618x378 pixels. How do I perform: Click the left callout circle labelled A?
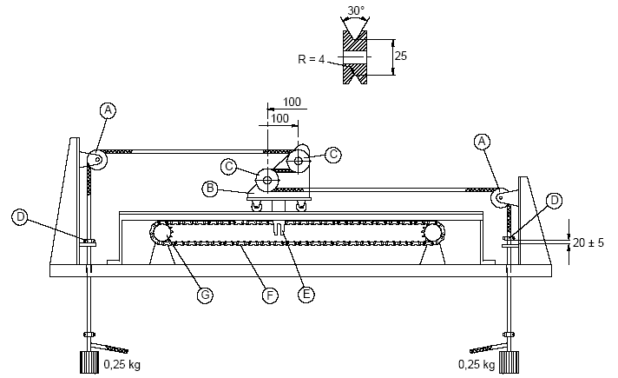(x=108, y=110)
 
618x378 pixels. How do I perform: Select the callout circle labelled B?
(x=209, y=188)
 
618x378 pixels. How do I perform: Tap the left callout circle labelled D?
(x=20, y=215)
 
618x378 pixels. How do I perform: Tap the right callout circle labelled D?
(x=555, y=201)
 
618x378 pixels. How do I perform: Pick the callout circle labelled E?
(x=306, y=295)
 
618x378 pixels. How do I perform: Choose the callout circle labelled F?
(x=270, y=295)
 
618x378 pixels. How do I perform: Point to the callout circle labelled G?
(x=206, y=295)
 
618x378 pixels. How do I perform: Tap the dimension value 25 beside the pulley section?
(x=401, y=56)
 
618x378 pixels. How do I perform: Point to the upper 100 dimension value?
(x=292, y=103)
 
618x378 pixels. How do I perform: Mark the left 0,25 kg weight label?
(x=121, y=363)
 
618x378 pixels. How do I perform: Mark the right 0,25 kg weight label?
(x=477, y=363)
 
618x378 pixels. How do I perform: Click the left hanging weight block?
(x=88, y=361)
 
